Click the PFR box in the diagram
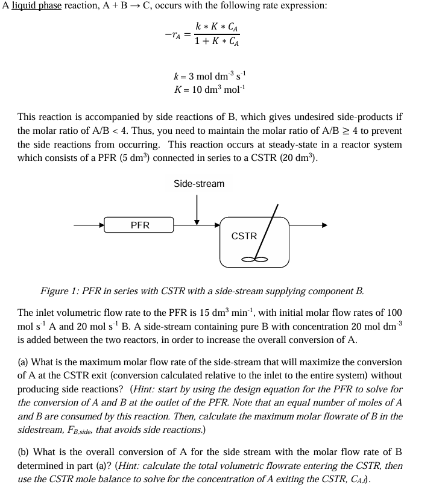coord(139,225)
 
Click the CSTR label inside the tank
coord(244,236)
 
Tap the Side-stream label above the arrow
coord(198,183)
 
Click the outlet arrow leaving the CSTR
coord(308,225)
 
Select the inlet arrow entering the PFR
coord(88,225)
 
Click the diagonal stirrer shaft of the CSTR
coord(268,231)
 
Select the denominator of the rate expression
coord(217,43)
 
